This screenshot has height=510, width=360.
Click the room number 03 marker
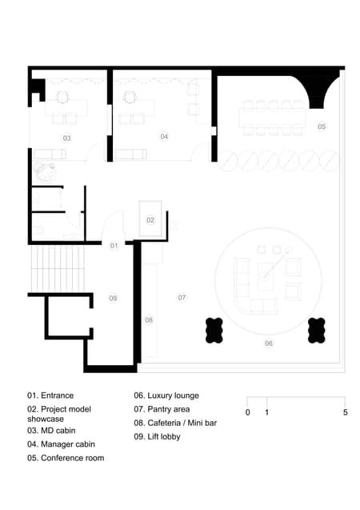coord(67,139)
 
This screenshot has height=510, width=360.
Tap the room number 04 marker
coord(164,137)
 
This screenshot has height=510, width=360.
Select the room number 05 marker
coord(322,126)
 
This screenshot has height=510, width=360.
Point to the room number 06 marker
coord(269,343)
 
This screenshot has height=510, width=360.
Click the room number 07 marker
coord(182,297)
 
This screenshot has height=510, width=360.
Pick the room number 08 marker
coord(149,320)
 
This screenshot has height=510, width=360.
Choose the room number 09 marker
coord(113,298)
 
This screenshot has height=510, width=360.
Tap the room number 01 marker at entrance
coord(114,245)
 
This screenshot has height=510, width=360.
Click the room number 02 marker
coord(150,219)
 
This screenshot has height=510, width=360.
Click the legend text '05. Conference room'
coord(66,458)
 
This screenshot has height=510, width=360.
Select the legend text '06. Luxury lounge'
coord(166,396)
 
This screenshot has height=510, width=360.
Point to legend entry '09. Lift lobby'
coord(157,436)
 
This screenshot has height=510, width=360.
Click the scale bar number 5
coord(345,412)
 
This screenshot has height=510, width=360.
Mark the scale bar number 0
coord(247,412)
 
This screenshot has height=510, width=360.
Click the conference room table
coord(272,118)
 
